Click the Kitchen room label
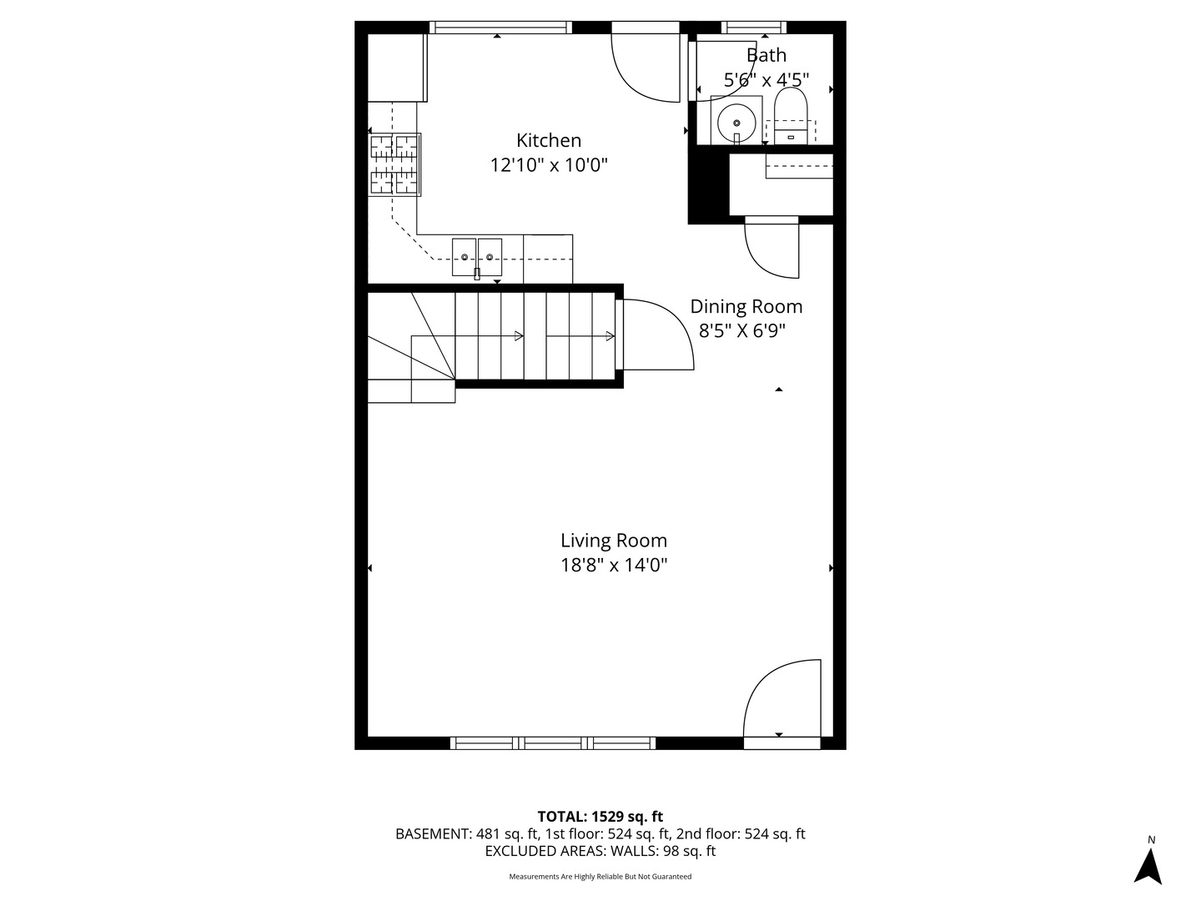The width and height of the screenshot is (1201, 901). tap(548, 140)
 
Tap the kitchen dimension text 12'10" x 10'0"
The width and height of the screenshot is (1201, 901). tap(548, 165)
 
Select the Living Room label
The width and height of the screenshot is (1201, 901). tap(613, 541)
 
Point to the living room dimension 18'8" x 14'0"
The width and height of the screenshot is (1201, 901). tap(613, 566)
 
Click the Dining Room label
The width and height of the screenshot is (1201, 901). tap(746, 306)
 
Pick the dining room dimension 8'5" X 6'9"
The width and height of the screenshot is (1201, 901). tap(741, 331)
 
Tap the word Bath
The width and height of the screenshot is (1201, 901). tap(766, 55)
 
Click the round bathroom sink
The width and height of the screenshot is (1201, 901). tap(736, 121)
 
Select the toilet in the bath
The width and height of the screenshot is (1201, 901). tap(791, 117)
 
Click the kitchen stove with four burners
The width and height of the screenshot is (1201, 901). tap(394, 164)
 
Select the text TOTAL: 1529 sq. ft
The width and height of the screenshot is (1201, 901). tap(600, 816)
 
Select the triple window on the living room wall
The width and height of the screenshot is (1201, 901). tap(553, 742)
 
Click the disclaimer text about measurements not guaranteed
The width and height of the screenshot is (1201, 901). tap(600, 877)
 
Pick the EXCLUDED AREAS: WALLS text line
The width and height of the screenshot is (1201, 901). tap(600, 851)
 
